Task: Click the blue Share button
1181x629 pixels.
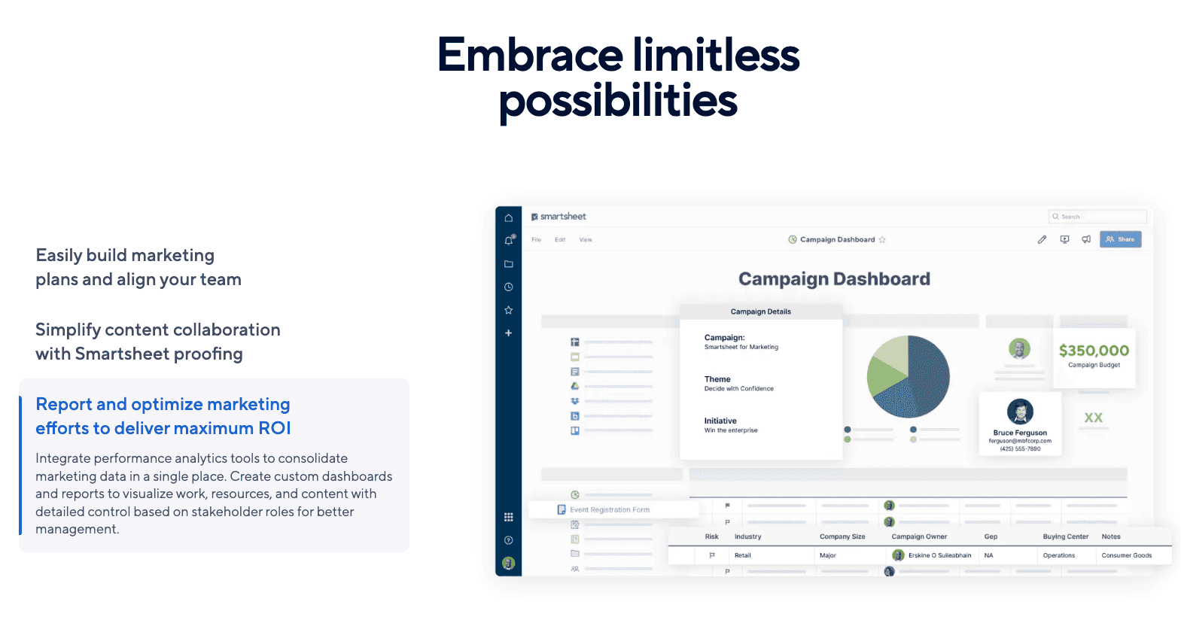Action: click(1120, 239)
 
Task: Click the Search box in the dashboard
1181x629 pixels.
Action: click(1097, 217)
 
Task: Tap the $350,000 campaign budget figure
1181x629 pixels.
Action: click(1094, 351)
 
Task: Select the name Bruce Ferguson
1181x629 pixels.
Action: click(1020, 433)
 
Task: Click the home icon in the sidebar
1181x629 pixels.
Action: click(509, 218)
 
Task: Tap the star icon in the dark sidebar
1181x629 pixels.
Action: click(509, 310)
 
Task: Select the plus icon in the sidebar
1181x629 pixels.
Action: click(509, 333)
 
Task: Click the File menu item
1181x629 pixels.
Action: click(537, 240)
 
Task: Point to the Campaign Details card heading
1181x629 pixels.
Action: click(760, 311)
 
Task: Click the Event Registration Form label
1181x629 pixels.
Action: click(609, 510)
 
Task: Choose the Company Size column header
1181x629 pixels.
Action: click(842, 537)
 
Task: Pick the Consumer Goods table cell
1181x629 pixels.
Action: click(1126, 555)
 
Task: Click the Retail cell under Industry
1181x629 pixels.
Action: click(742, 555)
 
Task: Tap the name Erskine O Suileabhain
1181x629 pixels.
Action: click(939, 555)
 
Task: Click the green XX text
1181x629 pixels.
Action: click(1093, 418)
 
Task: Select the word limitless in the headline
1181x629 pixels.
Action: click(715, 56)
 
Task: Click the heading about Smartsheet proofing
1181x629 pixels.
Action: click(158, 342)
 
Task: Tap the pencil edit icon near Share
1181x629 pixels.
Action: click(1042, 240)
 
